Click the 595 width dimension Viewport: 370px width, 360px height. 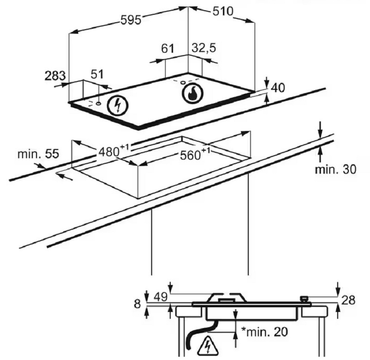point(131,20)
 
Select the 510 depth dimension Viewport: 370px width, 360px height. point(223,11)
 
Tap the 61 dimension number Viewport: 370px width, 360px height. point(167,49)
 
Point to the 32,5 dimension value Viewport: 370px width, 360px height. point(203,48)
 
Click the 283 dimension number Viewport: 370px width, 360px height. point(55,76)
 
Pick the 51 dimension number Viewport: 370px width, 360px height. point(97,74)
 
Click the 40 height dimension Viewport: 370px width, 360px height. point(278,88)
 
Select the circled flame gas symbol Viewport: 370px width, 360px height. point(192,94)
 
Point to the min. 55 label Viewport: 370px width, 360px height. point(38,154)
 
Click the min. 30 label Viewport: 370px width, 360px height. point(336,169)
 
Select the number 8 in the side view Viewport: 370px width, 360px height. point(137,304)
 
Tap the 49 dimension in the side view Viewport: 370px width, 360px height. point(160,297)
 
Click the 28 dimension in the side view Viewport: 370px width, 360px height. point(348,300)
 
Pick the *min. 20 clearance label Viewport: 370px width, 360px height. point(265,332)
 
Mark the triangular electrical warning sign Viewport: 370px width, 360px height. point(208,346)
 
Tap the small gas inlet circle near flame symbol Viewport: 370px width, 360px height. point(183,83)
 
